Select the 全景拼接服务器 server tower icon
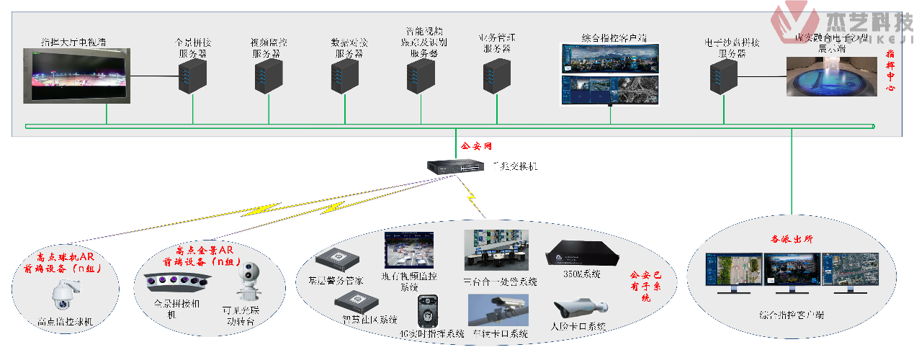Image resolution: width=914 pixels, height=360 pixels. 192,77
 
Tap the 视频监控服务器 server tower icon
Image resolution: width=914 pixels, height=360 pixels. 269,77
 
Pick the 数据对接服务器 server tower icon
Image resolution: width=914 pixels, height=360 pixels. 345,77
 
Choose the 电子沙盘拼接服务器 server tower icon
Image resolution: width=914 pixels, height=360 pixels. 723,77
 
